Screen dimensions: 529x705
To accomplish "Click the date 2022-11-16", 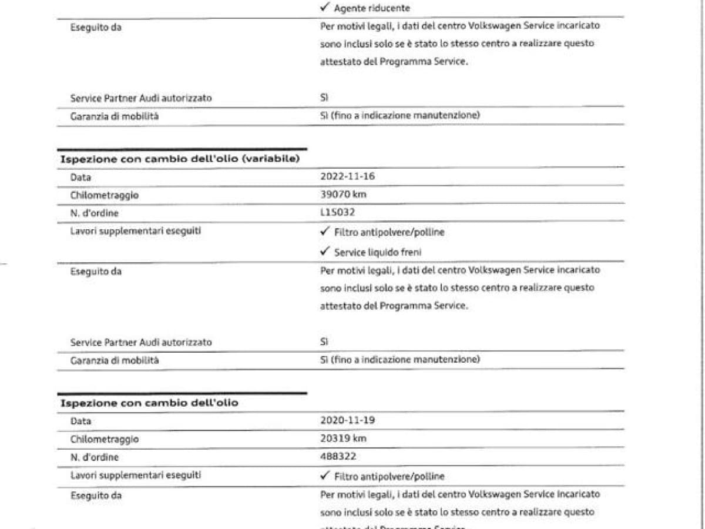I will pos(347,176).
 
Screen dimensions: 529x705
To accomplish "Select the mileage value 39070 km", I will pos(344,195).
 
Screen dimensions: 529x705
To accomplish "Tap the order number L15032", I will pos(338,212).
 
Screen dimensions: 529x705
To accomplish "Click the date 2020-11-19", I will pos(347,420).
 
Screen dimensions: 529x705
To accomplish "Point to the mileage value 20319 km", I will pos(344,438).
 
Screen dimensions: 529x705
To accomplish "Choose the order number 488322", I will pos(338,456).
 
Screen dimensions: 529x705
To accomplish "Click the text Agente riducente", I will pos(372,8).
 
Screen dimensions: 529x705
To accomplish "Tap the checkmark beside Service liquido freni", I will pos(325,252).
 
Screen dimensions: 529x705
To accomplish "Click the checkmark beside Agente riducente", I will pos(325,8).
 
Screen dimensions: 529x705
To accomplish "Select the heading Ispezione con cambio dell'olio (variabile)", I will pos(180,159).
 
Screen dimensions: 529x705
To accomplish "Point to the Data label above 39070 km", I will pos(80,177).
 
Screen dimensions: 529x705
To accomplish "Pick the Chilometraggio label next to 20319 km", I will pos(105,439).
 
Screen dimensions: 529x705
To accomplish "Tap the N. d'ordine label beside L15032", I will pos(94,213).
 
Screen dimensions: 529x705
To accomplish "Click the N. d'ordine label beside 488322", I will pos(94,457).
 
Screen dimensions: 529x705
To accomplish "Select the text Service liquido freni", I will pos(378,252).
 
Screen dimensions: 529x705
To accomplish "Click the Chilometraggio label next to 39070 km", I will pos(105,195).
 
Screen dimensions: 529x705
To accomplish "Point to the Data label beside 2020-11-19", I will pos(80,421).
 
